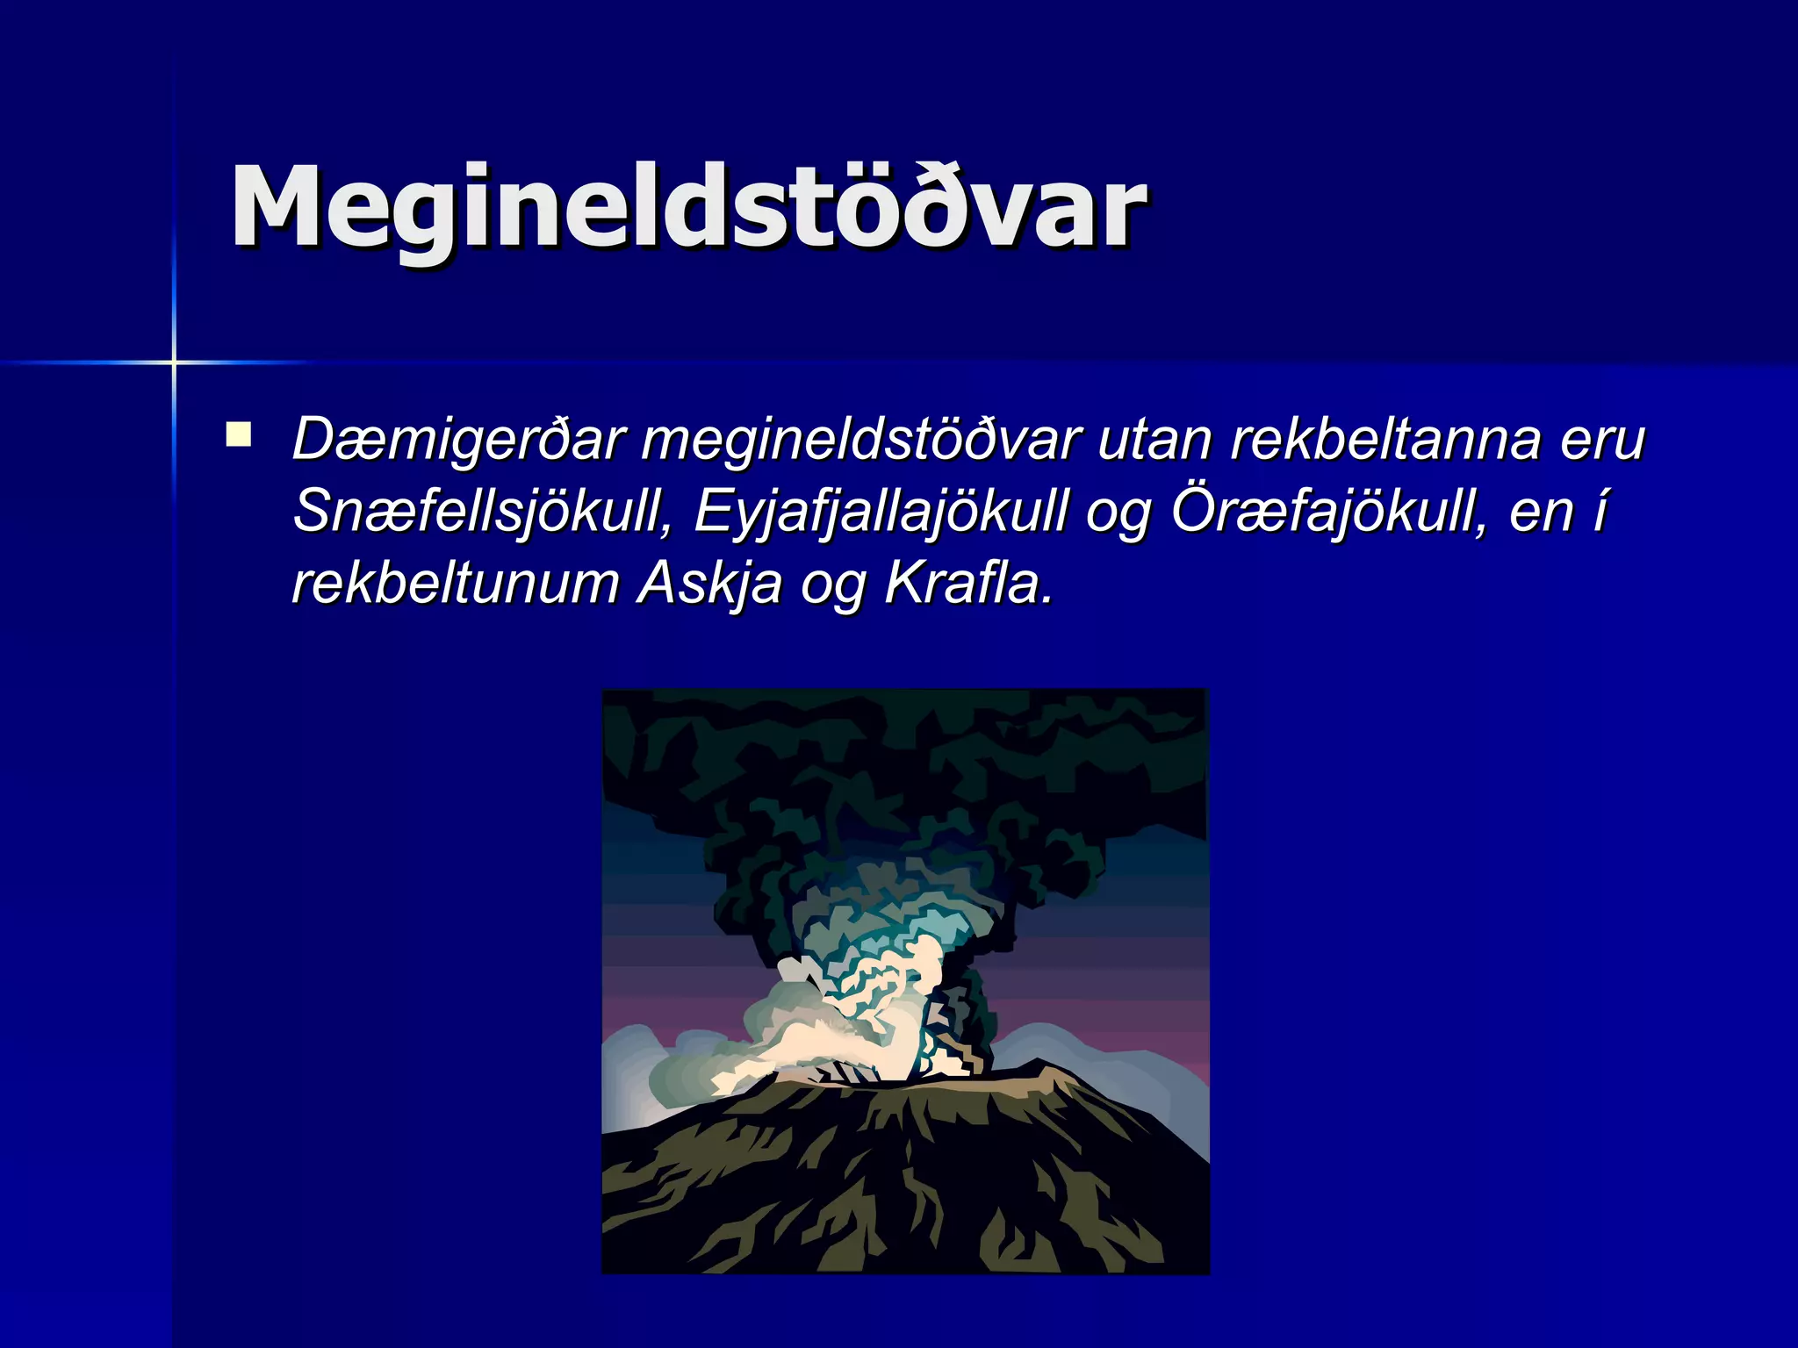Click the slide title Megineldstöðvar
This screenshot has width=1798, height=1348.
[x=687, y=209]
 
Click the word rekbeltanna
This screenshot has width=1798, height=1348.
[x=1385, y=439]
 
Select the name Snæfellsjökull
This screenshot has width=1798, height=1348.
[x=482, y=511]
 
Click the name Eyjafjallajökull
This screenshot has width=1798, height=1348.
[x=881, y=511]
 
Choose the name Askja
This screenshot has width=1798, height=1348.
[x=709, y=583]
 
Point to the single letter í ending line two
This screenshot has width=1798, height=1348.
[x=1600, y=511]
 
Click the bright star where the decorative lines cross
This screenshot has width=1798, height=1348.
[x=174, y=362]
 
